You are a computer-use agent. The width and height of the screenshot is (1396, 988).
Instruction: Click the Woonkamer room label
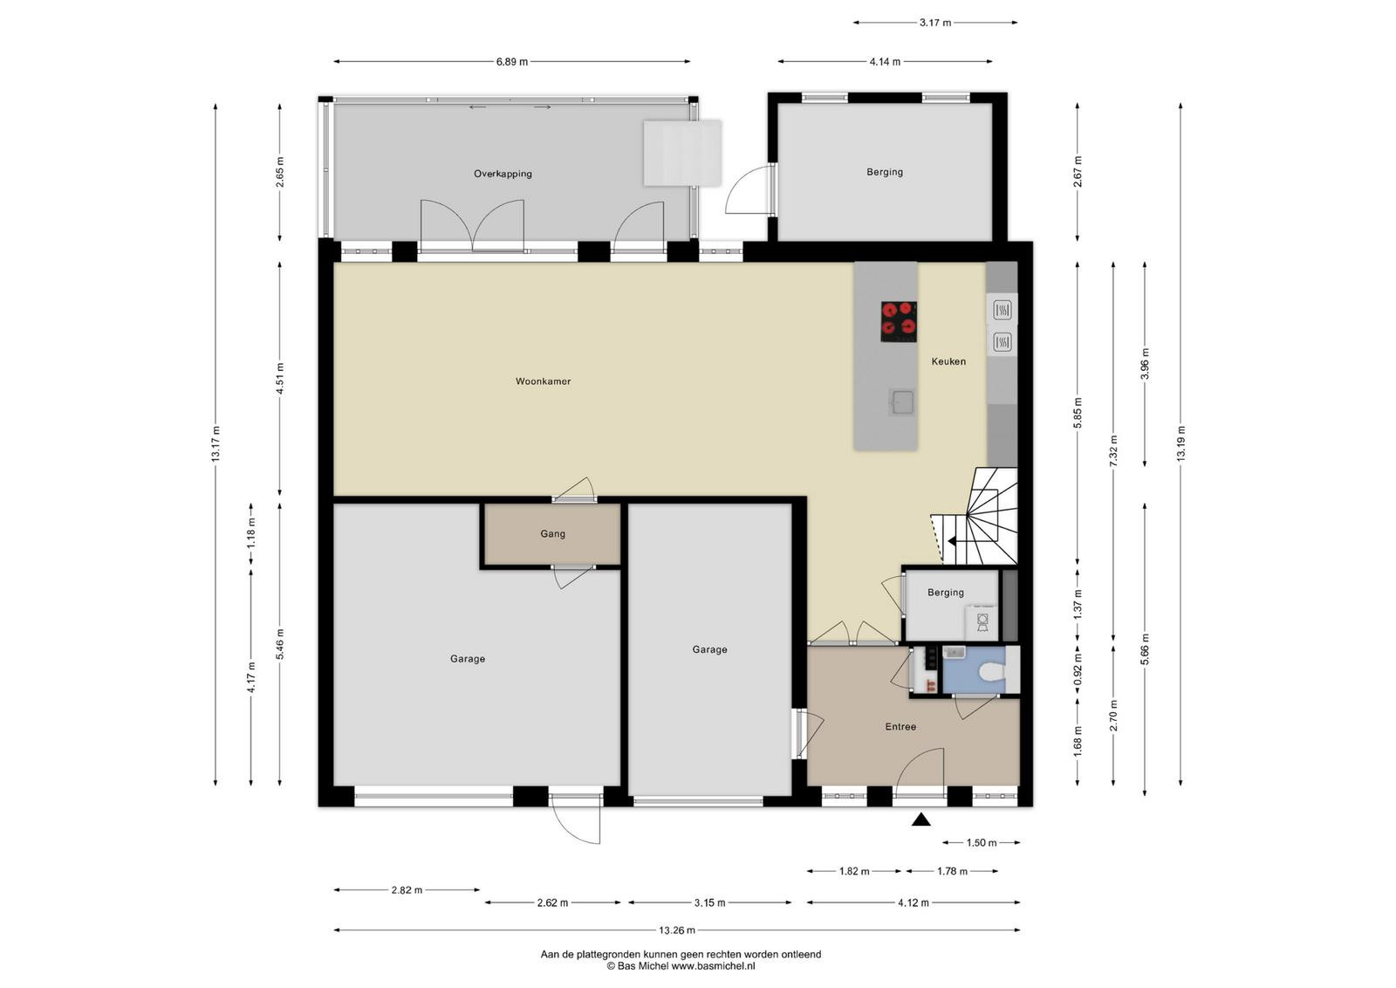(543, 381)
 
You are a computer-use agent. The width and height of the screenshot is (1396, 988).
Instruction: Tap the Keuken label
(948, 361)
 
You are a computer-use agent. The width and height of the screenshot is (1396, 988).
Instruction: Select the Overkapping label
(503, 174)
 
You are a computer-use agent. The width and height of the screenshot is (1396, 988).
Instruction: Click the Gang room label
(553, 534)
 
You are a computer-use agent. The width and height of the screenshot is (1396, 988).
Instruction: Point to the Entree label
(900, 727)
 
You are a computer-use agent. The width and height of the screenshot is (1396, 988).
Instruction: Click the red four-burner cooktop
(899, 322)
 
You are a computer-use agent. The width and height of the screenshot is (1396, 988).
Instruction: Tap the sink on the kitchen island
(901, 402)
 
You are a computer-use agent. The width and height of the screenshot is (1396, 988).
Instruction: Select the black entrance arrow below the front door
(921, 820)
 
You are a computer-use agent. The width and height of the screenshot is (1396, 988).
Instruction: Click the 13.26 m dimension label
(677, 930)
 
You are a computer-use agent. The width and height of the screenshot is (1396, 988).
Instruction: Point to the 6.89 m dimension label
(511, 62)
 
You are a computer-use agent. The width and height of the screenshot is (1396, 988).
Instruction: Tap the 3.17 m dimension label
(935, 23)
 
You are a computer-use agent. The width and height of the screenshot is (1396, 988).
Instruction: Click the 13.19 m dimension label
(1180, 444)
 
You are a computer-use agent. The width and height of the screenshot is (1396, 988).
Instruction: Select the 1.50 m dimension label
(982, 843)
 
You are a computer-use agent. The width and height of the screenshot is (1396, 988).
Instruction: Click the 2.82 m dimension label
(407, 890)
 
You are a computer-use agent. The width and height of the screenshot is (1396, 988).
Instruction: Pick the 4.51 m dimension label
(280, 379)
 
